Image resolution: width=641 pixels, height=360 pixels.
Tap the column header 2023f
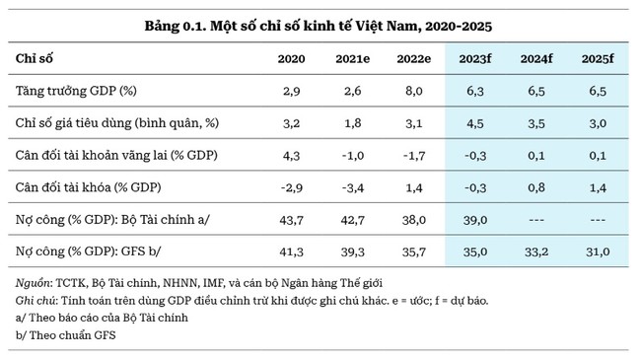tap(475, 59)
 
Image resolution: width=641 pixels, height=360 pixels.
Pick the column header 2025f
tap(598, 59)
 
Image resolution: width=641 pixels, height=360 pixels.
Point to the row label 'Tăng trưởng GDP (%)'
tap(77, 92)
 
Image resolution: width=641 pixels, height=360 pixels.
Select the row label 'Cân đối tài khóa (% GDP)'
tap(88, 187)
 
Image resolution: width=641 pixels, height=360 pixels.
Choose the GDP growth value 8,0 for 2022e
tap(414, 92)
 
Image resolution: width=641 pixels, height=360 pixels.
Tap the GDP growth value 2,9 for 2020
tap(292, 92)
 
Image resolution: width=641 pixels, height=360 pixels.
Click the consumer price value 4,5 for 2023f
tap(475, 123)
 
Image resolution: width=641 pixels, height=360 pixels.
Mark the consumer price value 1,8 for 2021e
tap(353, 123)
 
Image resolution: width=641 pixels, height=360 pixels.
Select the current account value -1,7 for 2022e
tap(414, 156)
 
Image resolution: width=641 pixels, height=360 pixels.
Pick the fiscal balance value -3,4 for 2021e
tap(353, 187)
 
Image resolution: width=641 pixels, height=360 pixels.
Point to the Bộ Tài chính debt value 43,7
tap(292, 220)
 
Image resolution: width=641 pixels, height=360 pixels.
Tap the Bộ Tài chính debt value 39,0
tap(475, 220)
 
